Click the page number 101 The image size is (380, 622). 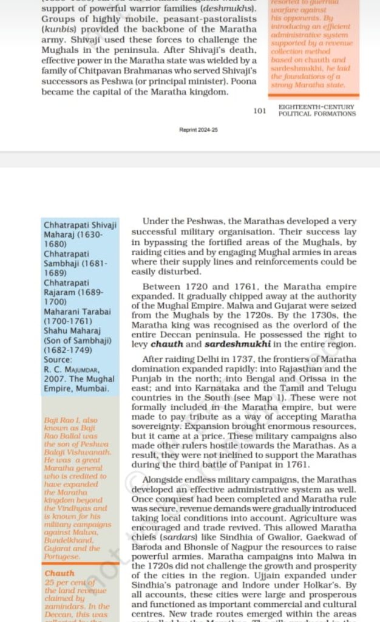tap(260, 111)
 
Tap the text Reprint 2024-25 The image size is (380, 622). tap(198, 130)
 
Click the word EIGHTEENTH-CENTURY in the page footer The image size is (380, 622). tap(317, 107)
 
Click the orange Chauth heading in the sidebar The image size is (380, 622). tap(59, 573)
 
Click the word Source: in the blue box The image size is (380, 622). tap(58, 360)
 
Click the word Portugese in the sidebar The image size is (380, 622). tap(63, 556)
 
